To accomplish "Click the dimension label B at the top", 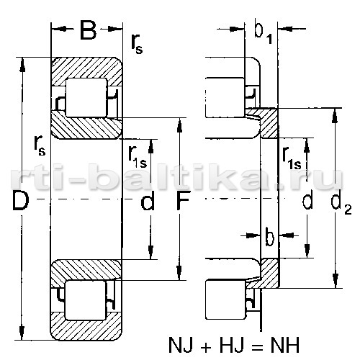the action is (x=88, y=30).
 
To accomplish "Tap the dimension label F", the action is (x=183, y=200).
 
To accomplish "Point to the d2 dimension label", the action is (x=341, y=204).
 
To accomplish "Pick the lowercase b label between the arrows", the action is (x=269, y=236).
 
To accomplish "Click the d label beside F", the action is (x=147, y=200).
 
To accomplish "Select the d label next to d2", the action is (x=307, y=200).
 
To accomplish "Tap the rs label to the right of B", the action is (x=137, y=45).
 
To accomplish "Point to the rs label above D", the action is (x=40, y=146).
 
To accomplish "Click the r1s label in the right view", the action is (x=292, y=159).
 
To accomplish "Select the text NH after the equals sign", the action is (x=285, y=346).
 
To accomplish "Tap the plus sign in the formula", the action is (x=206, y=346).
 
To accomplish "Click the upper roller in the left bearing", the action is (x=86, y=98).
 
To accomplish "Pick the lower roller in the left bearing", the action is (x=86, y=300).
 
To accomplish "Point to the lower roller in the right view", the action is (x=226, y=300).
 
